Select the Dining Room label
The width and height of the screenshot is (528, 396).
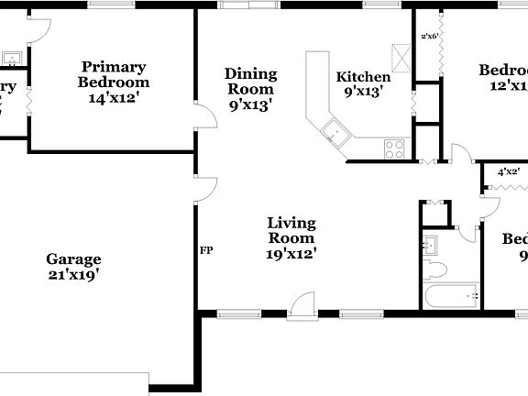(x=250, y=82)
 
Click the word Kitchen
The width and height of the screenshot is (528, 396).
(x=364, y=77)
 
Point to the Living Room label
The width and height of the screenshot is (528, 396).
(x=291, y=230)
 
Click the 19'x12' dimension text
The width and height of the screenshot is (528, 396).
(x=291, y=255)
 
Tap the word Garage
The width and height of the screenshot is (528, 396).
(x=73, y=259)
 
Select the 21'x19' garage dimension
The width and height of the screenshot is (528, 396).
(x=73, y=273)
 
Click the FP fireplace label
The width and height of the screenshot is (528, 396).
(x=207, y=248)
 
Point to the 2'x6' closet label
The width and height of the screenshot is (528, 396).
(x=430, y=37)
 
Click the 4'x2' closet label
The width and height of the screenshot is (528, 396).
(x=508, y=171)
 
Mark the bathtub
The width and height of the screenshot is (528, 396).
(x=451, y=295)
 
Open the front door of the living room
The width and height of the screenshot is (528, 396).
(x=302, y=305)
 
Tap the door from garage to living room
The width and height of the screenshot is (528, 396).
(x=204, y=190)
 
